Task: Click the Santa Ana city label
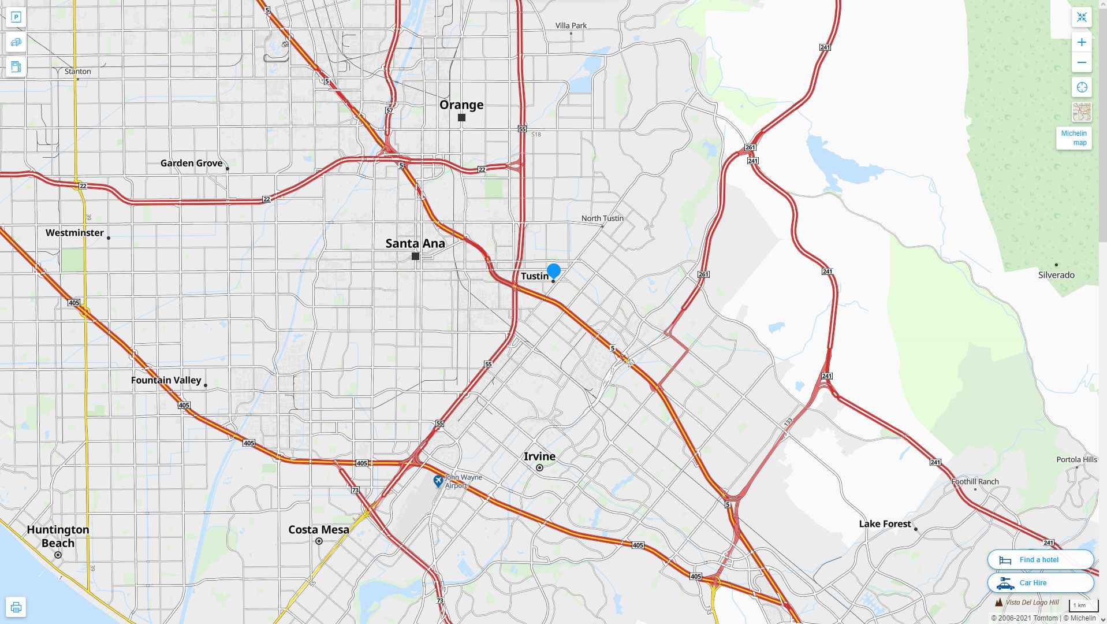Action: (415, 243)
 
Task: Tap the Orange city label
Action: (461, 105)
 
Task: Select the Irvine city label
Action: (539, 456)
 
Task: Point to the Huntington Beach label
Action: (58, 536)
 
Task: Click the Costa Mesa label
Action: (319, 529)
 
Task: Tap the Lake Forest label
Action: (885, 523)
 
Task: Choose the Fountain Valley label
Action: (166, 380)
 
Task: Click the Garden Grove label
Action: (191, 163)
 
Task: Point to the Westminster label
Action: (74, 232)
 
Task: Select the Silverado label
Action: (1056, 274)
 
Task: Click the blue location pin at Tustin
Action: (553, 270)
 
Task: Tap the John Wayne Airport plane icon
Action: (438, 481)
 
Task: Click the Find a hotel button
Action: (1040, 559)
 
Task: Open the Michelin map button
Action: (1074, 138)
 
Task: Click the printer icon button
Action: (16, 607)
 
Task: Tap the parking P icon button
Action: (16, 17)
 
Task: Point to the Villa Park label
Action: (571, 25)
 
